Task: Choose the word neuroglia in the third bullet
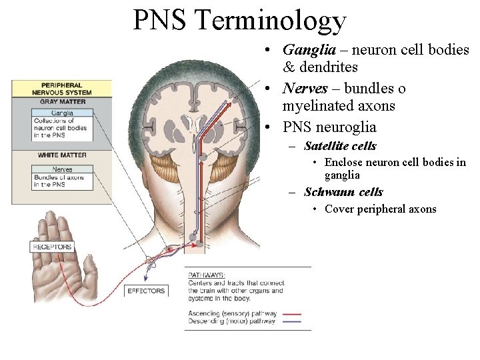[x=348, y=127]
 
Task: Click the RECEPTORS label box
[x=52, y=247]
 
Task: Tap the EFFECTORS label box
[x=145, y=291]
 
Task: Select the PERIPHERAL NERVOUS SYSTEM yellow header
[x=61, y=89]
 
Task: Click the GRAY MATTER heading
[x=62, y=102]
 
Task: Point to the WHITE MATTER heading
[x=62, y=155]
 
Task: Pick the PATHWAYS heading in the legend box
[x=206, y=275]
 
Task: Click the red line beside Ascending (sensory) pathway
[x=292, y=313]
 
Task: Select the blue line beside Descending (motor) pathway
[x=292, y=321]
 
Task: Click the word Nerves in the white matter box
[x=63, y=169]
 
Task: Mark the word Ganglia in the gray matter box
[x=62, y=113]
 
